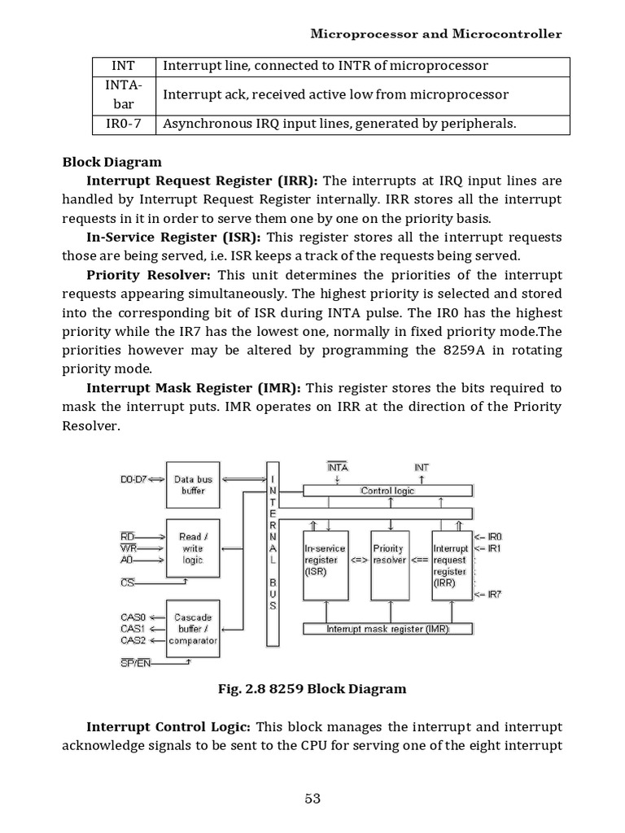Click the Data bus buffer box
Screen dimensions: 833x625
[x=193, y=485]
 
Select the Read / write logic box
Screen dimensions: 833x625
[x=193, y=548]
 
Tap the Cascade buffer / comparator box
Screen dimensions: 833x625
[x=193, y=629]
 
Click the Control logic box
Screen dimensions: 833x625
[x=387, y=491]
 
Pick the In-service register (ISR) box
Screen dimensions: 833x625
[x=326, y=560]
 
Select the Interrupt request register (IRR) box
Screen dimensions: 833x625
[x=450, y=560]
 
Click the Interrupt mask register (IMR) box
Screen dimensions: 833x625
[x=387, y=629]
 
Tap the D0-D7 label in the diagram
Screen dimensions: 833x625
[x=134, y=479]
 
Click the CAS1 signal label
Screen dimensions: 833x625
[x=132, y=629]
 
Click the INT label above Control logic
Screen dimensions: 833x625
[x=422, y=468]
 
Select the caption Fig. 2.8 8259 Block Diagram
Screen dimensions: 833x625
[x=312, y=689]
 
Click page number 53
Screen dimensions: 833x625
[x=312, y=798]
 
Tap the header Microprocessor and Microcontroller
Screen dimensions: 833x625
[x=437, y=34]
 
